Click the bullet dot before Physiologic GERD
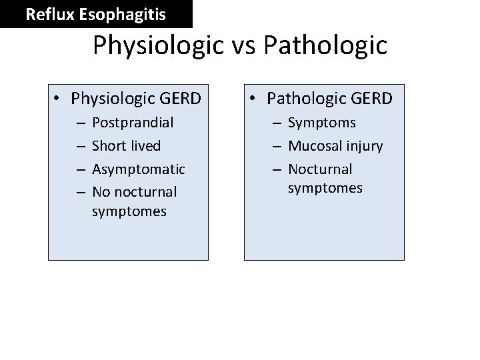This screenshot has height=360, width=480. coord(59,99)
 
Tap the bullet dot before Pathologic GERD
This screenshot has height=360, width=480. coord(255,99)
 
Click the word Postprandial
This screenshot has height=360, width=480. coord(133,123)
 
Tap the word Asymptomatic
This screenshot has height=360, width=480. coord(139,169)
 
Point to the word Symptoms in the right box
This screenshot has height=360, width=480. coord(322,123)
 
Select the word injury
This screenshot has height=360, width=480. coord(364,146)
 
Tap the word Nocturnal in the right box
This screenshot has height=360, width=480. coord(320,169)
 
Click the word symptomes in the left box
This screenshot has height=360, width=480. coord(129,211)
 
